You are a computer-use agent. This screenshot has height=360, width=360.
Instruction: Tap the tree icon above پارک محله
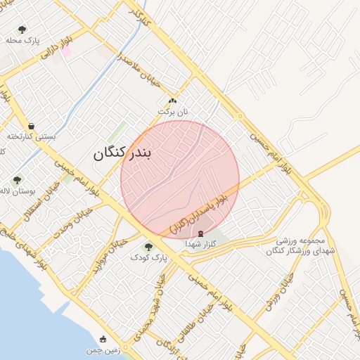[22, 30]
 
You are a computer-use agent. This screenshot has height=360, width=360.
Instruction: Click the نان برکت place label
[174, 112]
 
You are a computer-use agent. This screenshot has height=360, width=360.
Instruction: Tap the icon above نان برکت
[173, 101]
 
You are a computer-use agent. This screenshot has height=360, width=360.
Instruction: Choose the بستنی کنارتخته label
[30, 136]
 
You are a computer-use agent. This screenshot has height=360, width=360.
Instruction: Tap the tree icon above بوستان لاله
[17, 180]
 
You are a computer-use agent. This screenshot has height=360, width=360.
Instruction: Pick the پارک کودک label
[149, 258]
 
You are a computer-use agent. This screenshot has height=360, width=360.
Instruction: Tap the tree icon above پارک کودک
[148, 246]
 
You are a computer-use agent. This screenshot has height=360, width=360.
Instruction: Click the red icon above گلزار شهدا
[201, 233]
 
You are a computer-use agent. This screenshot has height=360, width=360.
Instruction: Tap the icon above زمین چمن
[103, 339]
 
